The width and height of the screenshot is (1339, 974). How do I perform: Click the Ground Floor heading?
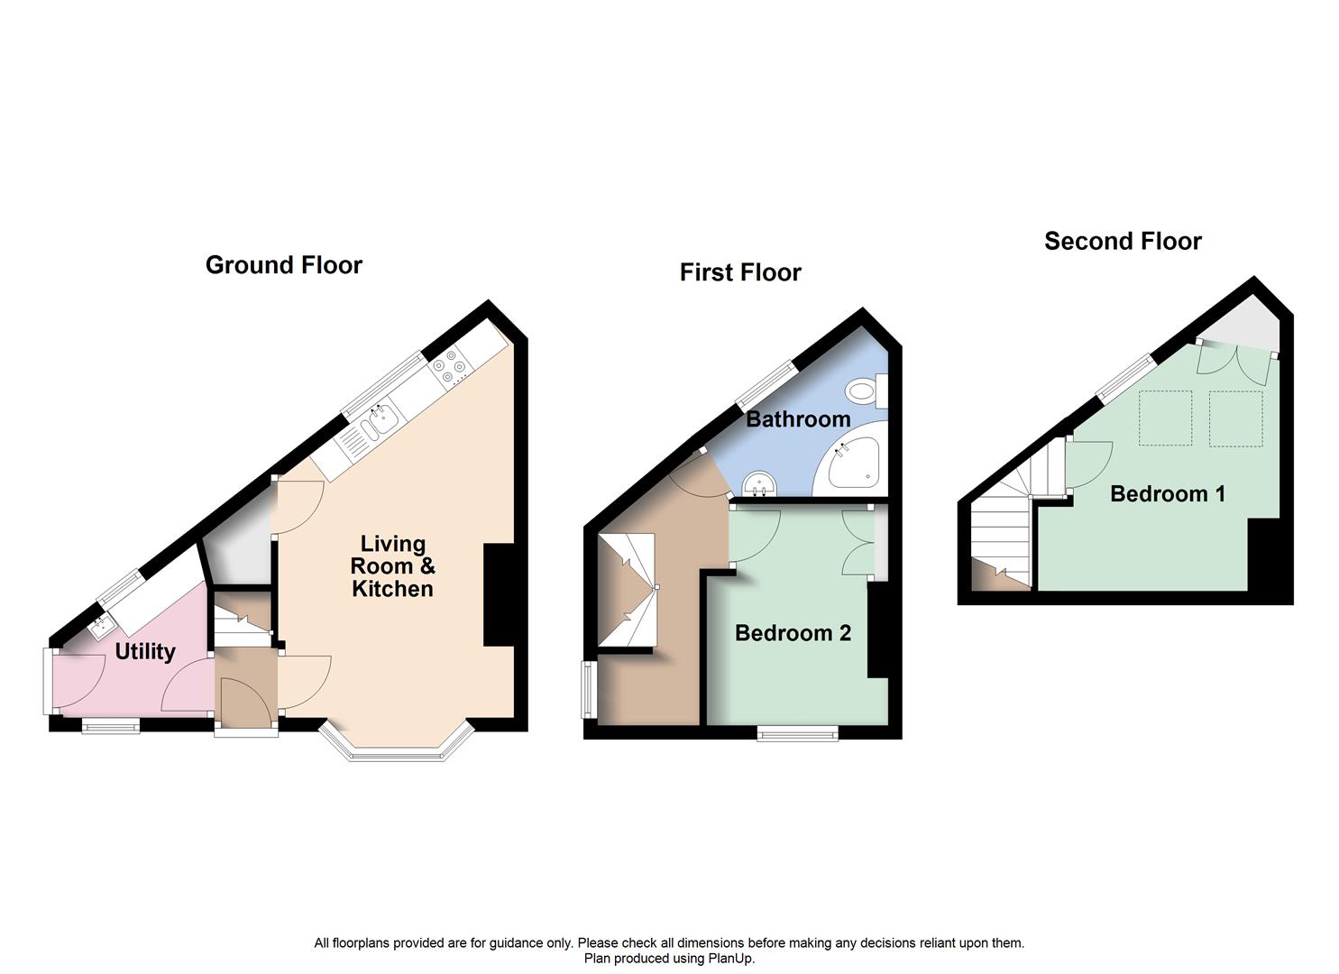283,265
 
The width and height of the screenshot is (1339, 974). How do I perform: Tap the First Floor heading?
739,272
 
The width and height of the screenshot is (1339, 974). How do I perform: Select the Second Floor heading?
1123,242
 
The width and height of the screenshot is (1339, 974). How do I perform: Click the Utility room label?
145,651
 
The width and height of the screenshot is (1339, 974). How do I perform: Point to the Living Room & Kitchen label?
392,566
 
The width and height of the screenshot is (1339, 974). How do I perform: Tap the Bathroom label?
798,419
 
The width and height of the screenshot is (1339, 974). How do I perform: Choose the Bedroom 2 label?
793,633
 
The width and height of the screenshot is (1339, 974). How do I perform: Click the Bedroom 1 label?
1167,494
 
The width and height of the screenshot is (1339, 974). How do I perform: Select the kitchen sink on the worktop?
377,419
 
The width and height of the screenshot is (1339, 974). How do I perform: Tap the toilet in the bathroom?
866,391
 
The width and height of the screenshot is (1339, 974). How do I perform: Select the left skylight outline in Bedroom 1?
1166,418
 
